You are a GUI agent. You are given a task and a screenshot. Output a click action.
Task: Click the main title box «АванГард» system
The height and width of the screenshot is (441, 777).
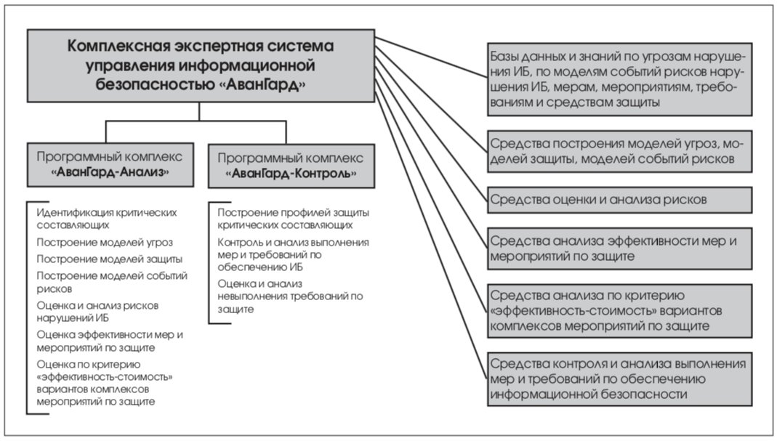pos(201,66)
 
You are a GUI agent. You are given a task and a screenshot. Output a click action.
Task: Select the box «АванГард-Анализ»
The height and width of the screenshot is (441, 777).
pos(110,165)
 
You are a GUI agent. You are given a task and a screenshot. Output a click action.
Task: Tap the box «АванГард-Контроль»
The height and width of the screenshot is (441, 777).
pos(291,166)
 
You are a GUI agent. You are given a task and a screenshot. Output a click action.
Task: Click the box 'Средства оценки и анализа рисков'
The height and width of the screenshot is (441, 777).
pos(619,200)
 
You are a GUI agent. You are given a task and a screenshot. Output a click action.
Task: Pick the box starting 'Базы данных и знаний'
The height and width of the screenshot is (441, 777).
pos(619,79)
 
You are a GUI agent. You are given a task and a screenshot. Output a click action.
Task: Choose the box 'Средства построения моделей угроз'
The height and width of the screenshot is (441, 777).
pos(619,151)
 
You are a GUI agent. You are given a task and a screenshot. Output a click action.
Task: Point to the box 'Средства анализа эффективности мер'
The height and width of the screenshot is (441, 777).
pos(619,248)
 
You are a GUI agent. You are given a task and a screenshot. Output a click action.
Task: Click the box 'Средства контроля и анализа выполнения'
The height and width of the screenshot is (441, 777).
pos(619,379)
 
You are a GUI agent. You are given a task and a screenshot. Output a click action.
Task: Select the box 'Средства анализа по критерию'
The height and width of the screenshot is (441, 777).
pos(619,311)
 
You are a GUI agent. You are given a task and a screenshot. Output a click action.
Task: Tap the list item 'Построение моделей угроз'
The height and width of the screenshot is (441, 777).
pos(105,243)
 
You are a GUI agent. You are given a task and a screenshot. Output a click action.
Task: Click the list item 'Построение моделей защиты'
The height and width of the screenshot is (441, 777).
pos(110,259)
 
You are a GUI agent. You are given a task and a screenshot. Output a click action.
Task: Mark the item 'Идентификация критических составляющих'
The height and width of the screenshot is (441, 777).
pos(107,219)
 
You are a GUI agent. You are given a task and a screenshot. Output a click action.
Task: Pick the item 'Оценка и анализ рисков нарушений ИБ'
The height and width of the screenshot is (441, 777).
pos(97,312)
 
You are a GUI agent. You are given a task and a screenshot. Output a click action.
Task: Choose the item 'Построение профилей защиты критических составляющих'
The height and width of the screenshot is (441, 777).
pos(294,219)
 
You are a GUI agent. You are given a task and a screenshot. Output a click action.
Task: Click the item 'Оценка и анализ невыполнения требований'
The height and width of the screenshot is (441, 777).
pos(291,296)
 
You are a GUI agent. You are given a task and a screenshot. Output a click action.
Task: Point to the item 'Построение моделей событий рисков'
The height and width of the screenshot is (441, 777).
pos(112,283)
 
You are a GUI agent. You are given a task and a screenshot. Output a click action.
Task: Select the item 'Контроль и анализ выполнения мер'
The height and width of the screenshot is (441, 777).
pos(294,255)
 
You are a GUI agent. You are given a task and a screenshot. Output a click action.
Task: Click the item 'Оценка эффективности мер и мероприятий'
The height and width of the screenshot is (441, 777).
pos(110,341)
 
